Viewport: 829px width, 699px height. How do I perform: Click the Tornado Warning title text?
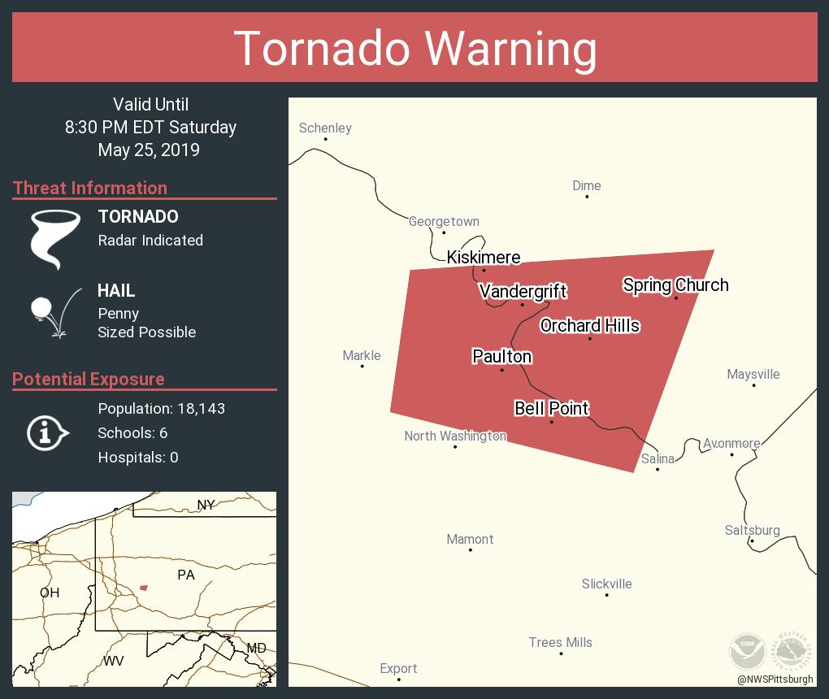click(x=414, y=48)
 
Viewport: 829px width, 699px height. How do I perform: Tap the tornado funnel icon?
click(x=55, y=239)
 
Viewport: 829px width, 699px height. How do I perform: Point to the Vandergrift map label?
click(x=523, y=291)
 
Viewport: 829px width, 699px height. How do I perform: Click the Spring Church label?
click(x=675, y=284)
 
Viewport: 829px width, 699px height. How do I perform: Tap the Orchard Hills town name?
click(x=589, y=325)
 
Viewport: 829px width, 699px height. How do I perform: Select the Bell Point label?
click(x=551, y=408)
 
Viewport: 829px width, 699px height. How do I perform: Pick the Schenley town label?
click(x=325, y=128)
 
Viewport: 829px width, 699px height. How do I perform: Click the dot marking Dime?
click(x=587, y=197)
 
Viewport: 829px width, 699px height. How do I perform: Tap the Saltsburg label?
click(x=752, y=530)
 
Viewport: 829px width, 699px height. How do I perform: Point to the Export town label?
click(x=398, y=668)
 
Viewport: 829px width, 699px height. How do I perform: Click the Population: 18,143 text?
click(x=161, y=408)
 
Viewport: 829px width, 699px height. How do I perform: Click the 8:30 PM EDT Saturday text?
click(x=150, y=127)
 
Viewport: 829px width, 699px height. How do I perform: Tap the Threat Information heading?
click(x=90, y=188)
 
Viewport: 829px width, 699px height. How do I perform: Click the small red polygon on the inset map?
click(x=144, y=587)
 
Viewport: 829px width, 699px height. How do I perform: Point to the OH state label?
click(x=50, y=593)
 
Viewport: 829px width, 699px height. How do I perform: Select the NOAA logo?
click(x=746, y=651)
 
